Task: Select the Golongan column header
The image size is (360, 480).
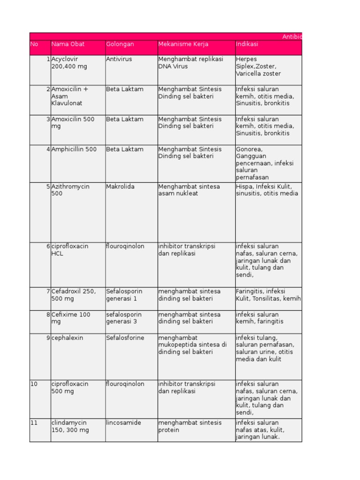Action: tap(120, 44)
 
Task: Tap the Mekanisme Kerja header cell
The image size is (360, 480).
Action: tap(183, 44)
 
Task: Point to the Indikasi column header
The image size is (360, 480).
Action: tap(247, 44)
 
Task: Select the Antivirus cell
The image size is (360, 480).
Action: tap(119, 59)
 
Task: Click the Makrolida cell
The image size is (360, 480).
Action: tap(120, 187)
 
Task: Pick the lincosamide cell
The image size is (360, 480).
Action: tap(123, 423)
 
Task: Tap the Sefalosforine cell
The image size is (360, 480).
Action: tap(125, 338)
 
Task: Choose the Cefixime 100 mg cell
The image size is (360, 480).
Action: tap(71, 318)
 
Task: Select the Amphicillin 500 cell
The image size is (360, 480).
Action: tap(74, 150)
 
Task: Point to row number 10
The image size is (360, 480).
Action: tap(34, 384)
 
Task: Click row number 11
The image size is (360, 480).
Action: tap(34, 423)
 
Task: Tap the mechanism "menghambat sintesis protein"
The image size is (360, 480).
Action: tap(190, 426)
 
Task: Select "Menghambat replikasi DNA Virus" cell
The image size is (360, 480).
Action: tap(190, 63)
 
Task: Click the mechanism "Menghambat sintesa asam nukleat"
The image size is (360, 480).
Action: tap(189, 190)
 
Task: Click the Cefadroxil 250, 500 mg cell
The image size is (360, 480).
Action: tap(74, 295)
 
